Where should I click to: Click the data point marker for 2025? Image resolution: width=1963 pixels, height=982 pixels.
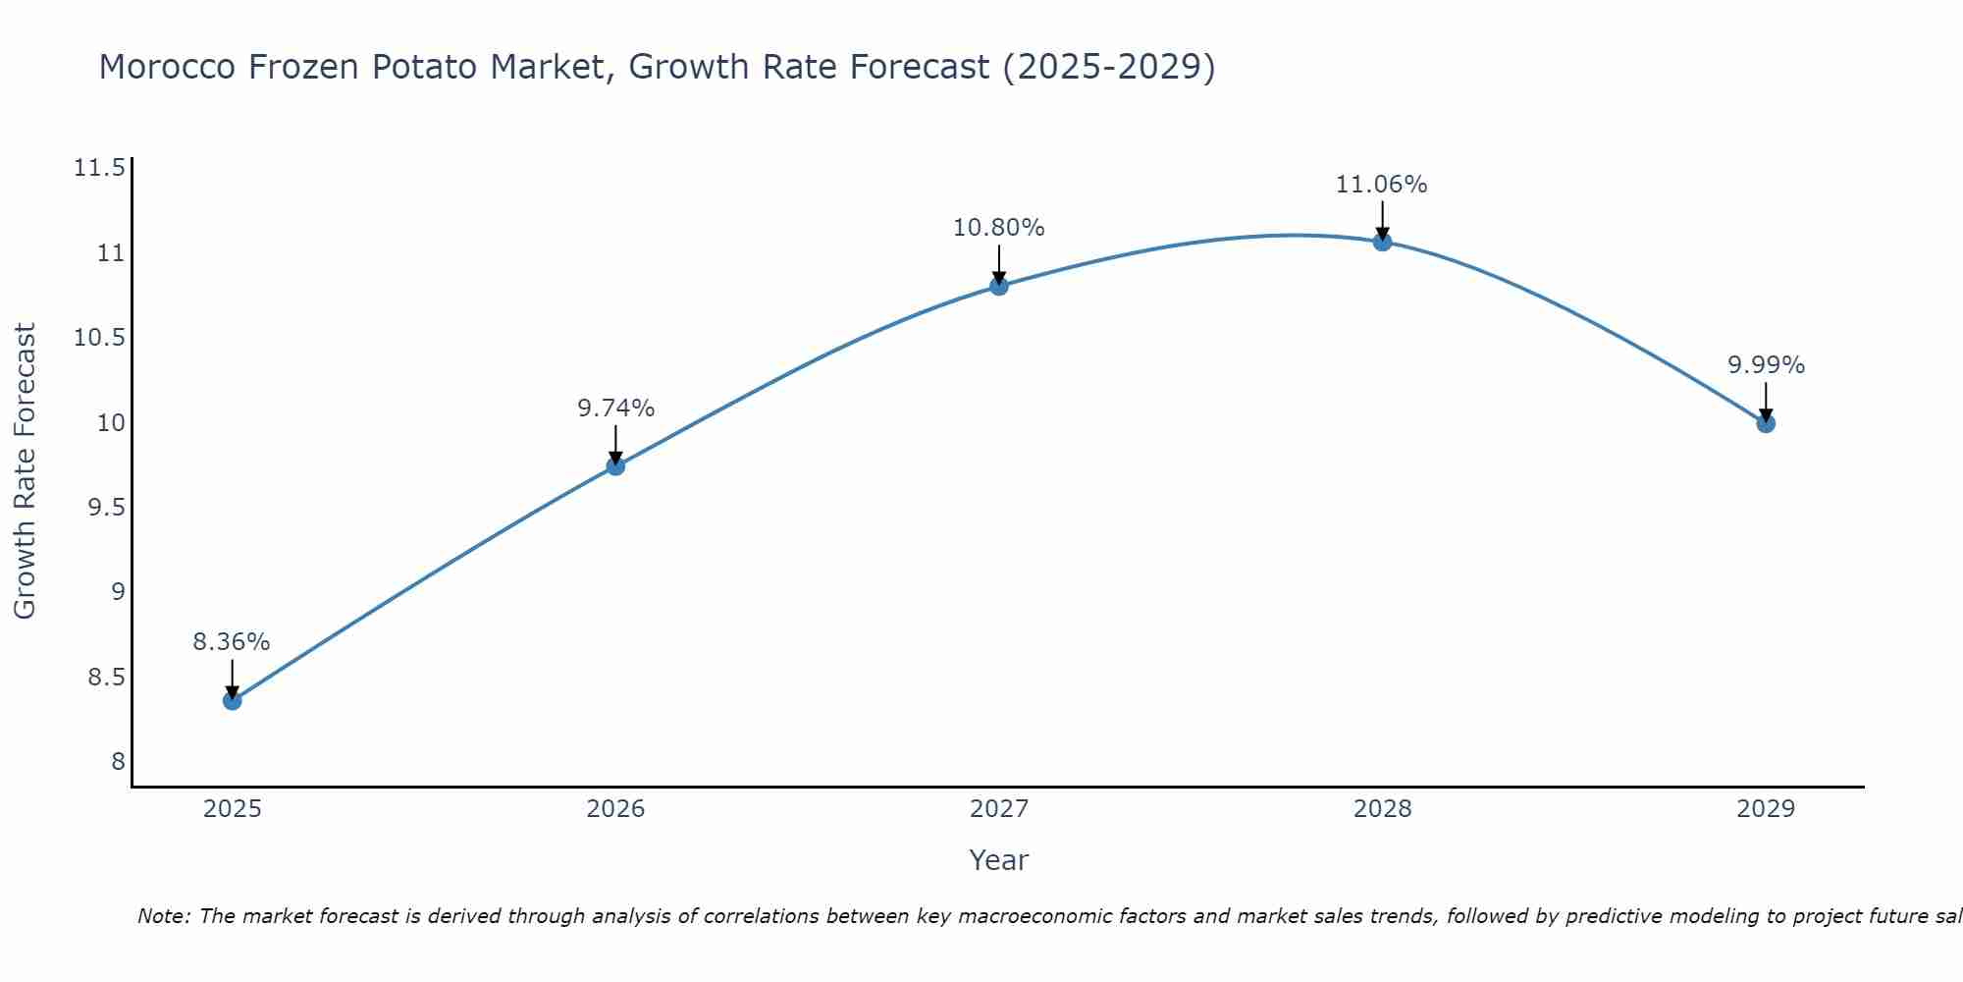[x=232, y=700]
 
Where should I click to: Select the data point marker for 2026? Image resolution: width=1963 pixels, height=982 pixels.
[x=615, y=465]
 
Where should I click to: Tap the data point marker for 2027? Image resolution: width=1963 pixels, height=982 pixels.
[x=999, y=286]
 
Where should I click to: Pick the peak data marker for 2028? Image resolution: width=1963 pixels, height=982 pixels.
[x=1382, y=242]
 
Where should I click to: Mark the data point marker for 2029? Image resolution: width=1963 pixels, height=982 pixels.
[x=1766, y=423]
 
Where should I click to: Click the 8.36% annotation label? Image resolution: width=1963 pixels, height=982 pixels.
[x=231, y=642]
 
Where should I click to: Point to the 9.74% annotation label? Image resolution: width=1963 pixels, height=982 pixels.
[x=615, y=409]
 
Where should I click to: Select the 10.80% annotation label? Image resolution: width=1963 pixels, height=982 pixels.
[x=998, y=228]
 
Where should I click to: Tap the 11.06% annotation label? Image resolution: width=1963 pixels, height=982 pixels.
[x=1381, y=185]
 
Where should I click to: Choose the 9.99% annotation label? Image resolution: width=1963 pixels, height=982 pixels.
[x=1766, y=365]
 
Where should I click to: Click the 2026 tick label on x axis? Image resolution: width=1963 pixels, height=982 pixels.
[x=615, y=809]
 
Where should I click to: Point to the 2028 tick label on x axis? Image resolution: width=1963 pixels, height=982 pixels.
[x=1382, y=809]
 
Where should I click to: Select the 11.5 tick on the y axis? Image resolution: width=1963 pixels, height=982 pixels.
[x=99, y=169]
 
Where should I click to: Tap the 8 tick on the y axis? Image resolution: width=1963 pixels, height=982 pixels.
[x=118, y=762]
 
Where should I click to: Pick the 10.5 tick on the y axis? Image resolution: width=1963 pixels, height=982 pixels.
[x=99, y=339]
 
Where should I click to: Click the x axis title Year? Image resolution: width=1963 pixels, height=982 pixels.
[x=998, y=860]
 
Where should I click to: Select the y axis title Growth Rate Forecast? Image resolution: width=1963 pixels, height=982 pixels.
[x=25, y=470]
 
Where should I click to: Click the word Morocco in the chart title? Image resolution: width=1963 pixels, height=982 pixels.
[x=167, y=67]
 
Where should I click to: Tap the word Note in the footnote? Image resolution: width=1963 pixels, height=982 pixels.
[x=162, y=916]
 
